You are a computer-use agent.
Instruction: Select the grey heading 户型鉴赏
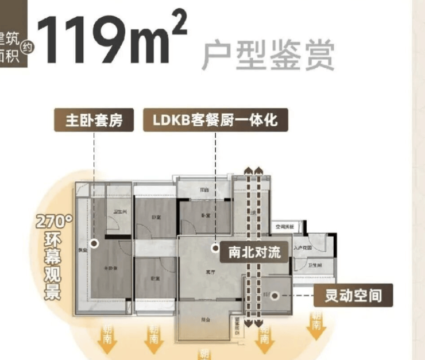267,55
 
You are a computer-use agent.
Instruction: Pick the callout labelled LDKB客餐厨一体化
215,121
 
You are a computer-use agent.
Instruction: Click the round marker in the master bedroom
95,243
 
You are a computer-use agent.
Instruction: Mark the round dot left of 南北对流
214,248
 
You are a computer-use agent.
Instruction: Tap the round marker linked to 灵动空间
275,296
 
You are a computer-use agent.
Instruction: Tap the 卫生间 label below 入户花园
314,265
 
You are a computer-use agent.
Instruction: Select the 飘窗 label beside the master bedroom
83,250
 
